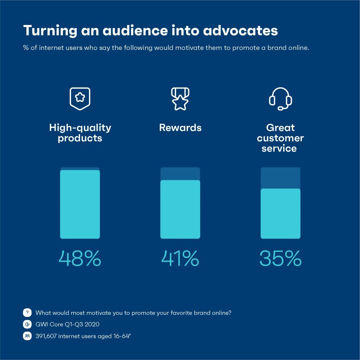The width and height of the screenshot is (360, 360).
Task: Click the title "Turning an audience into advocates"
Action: (x=150, y=31)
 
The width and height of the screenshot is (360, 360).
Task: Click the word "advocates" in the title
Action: (x=240, y=31)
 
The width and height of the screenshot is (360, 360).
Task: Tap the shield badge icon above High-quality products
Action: (x=79, y=98)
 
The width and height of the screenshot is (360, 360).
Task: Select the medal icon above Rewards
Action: (x=180, y=98)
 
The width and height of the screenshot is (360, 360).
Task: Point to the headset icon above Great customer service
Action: (x=280, y=98)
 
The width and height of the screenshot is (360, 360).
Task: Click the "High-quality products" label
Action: (x=80, y=133)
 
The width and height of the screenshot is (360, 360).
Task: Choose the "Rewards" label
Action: (x=180, y=128)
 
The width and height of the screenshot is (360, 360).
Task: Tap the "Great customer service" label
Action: (x=280, y=138)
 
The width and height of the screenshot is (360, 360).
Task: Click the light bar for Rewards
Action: (x=180, y=210)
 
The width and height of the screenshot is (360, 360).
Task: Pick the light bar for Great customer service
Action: (x=280, y=214)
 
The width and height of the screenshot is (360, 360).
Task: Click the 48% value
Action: (x=80, y=259)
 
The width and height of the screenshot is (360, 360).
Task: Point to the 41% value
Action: (x=180, y=259)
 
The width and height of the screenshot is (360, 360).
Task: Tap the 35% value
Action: (x=280, y=259)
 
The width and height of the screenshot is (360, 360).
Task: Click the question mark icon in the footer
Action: (x=27, y=313)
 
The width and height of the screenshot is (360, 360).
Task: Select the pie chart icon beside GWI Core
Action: (x=27, y=324)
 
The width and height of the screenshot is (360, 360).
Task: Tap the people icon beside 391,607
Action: (x=27, y=336)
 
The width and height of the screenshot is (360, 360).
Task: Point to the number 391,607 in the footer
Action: (x=46, y=336)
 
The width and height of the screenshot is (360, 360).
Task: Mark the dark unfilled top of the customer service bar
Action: (x=280, y=178)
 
